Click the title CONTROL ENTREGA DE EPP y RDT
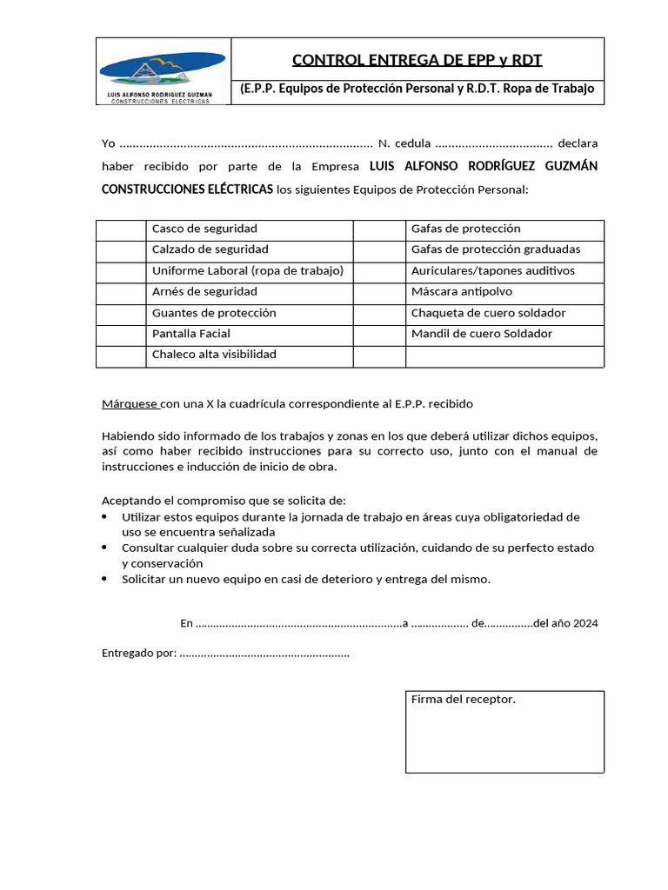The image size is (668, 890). coord(417,60)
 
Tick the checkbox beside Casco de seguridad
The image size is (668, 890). coord(121,229)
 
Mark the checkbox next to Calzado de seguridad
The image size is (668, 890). coord(121,250)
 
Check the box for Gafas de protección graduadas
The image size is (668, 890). coord(379,250)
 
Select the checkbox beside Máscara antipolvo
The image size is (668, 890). coord(379,292)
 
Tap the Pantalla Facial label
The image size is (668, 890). coord(191,334)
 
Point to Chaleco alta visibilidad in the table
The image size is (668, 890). coord(214,355)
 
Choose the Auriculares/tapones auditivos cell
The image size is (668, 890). coord(492,271)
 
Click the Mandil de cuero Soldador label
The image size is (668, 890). coord(481,334)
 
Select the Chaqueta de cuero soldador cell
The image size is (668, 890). coord(488,313)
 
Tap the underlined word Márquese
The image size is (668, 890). coord(130,404)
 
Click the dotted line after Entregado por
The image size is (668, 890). coord(264,654)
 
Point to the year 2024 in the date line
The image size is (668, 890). coord(584,623)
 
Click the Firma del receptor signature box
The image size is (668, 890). coord(504,732)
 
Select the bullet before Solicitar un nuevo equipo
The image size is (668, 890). coord(105,579)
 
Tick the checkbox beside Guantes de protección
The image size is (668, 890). coord(121,313)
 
